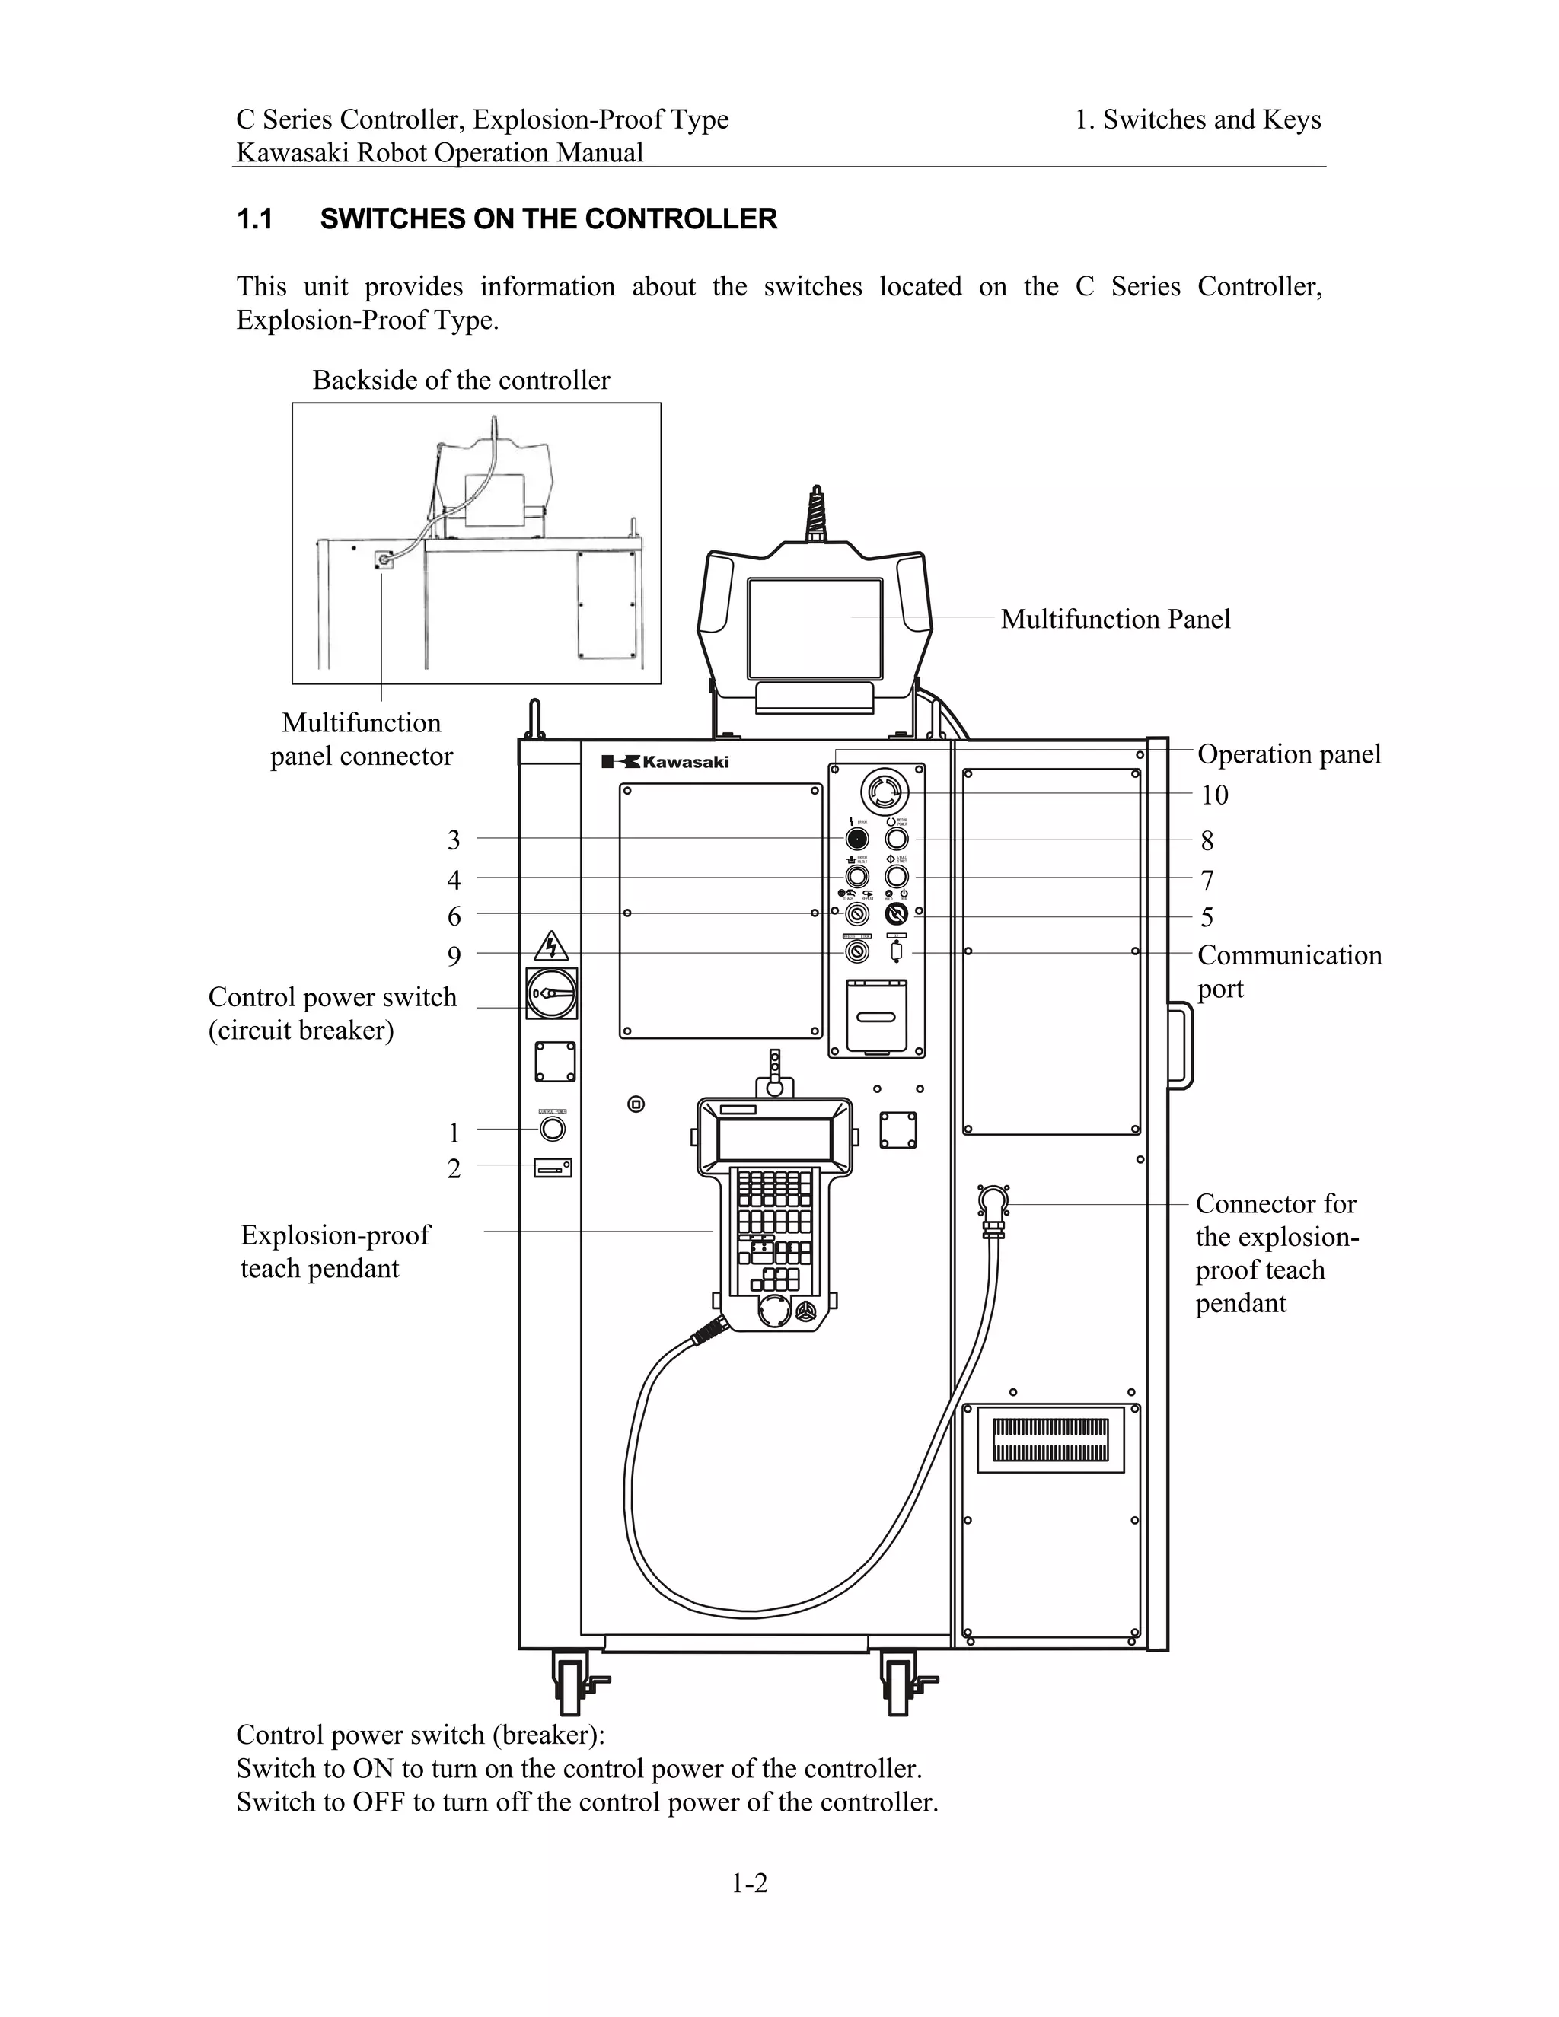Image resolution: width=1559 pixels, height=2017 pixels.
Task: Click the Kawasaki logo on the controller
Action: tap(665, 762)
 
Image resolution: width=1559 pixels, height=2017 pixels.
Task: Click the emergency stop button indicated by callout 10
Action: tap(885, 792)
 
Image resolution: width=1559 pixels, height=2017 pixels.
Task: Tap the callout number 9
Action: tap(454, 955)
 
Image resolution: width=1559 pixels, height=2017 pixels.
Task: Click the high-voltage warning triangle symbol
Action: tap(551, 945)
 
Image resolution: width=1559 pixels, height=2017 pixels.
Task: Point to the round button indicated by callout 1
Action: tap(553, 1129)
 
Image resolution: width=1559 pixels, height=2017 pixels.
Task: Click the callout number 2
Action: tap(454, 1168)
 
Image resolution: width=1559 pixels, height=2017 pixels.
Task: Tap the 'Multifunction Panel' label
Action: tap(1114, 619)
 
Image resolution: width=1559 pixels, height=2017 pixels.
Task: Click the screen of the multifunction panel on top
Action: tap(815, 627)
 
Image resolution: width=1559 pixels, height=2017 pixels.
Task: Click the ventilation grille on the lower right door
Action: tap(1050, 1440)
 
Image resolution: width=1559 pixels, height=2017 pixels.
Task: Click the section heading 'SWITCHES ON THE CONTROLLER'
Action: tap(549, 219)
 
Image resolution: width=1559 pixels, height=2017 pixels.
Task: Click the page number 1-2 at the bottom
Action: tap(749, 1883)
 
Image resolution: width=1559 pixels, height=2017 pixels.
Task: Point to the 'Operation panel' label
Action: tap(1289, 754)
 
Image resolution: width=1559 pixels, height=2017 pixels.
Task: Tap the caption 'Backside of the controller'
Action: tap(461, 380)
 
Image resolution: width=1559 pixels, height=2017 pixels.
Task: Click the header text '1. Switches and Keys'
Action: tap(1198, 119)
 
